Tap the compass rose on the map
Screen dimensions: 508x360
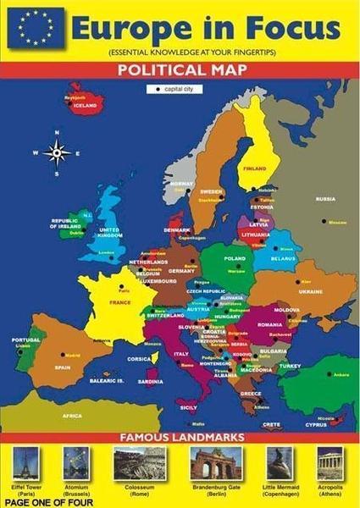point(58,152)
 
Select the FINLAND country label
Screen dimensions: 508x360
point(255,168)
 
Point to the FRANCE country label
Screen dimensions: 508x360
point(119,302)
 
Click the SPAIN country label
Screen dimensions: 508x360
point(63,367)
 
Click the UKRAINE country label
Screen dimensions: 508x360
point(311,291)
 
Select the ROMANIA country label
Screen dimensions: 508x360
point(269,324)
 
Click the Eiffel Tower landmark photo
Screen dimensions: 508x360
point(26,462)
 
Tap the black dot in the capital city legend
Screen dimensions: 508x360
point(158,88)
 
